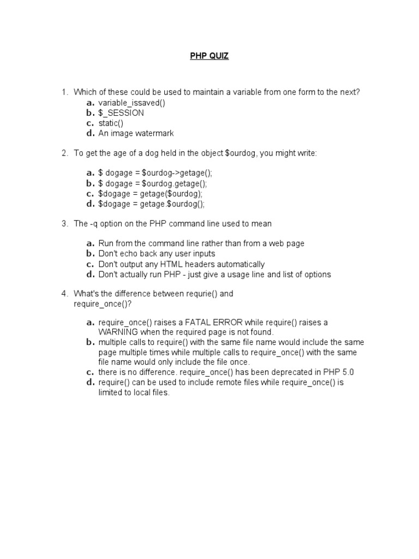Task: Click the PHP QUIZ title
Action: (x=209, y=56)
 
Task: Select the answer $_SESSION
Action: (x=121, y=113)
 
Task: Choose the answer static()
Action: (x=111, y=123)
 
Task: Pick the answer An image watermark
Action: (x=136, y=133)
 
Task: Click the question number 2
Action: (x=64, y=153)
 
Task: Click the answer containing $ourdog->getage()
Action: (x=155, y=174)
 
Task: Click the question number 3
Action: (x=64, y=224)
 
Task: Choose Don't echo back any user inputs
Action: (x=157, y=254)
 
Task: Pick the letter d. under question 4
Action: (x=90, y=382)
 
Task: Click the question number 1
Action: (x=64, y=92)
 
